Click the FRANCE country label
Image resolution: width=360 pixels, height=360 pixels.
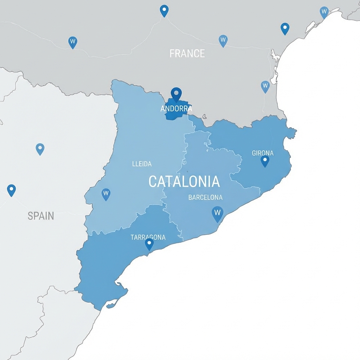[x=187, y=53]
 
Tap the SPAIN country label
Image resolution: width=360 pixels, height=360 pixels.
[x=41, y=216]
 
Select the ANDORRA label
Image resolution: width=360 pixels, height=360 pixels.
[x=176, y=109]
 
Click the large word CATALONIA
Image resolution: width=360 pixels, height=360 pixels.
[x=184, y=182]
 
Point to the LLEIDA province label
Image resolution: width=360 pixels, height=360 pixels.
[x=142, y=164]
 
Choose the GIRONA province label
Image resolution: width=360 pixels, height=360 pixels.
[x=263, y=153]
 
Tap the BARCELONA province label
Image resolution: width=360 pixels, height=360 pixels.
[x=205, y=197]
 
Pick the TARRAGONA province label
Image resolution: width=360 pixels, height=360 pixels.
[x=148, y=237]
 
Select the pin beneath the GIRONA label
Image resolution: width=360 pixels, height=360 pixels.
[x=265, y=161]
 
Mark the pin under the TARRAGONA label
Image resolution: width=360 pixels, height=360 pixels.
[x=149, y=244]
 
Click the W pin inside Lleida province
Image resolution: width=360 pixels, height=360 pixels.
[x=106, y=194]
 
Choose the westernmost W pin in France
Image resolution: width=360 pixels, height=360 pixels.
[x=72, y=42]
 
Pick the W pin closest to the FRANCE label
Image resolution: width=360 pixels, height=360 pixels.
[x=223, y=40]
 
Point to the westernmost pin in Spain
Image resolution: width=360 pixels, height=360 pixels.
[x=11, y=190]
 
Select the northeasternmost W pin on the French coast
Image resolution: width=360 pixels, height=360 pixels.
[x=324, y=12]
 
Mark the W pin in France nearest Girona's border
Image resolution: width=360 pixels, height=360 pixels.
[x=265, y=86]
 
